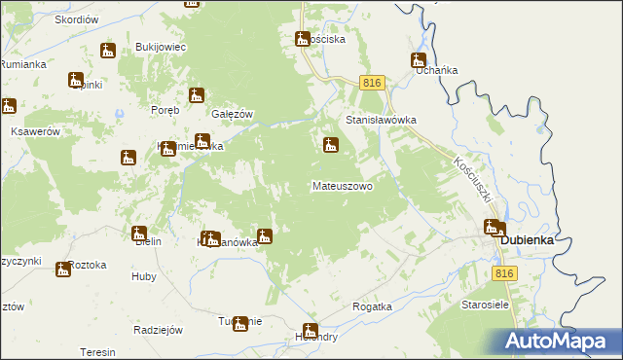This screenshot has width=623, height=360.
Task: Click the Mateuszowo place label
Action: click(342, 185)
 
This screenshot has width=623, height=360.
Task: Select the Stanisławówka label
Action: click(382, 120)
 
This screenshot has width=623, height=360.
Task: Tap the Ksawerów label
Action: click(36, 131)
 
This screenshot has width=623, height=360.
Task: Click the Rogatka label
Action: click(372, 306)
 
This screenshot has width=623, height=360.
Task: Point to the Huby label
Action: click(143, 276)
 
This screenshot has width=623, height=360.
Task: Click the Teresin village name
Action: click(97, 352)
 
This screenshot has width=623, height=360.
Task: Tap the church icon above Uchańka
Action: click(419, 59)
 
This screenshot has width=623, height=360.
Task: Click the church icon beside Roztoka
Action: click(63, 269)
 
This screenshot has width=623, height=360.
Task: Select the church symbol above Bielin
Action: click(139, 234)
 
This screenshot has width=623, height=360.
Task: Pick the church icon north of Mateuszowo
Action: click(331, 146)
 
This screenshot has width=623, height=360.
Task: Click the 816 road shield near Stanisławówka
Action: click(369, 84)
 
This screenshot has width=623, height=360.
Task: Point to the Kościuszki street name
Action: click(476, 180)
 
